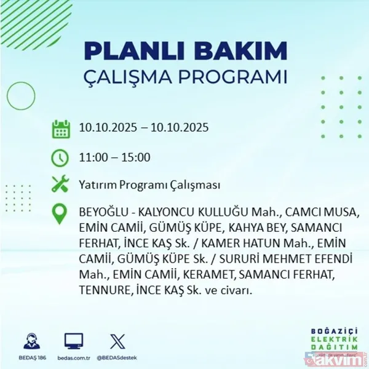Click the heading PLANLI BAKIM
(x=184, y=50)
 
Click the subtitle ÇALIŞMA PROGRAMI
(x=184, y=78)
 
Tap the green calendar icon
(x=60, y=129)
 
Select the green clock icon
(x=60, y=157)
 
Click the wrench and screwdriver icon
(x=60, y=184)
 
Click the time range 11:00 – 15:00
(x=114, y=157)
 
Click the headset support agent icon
(x=31, y=340)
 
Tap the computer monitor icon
(x=74, y=340)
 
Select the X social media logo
(x=116, y=340)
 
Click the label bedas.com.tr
(x=74, y=356)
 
